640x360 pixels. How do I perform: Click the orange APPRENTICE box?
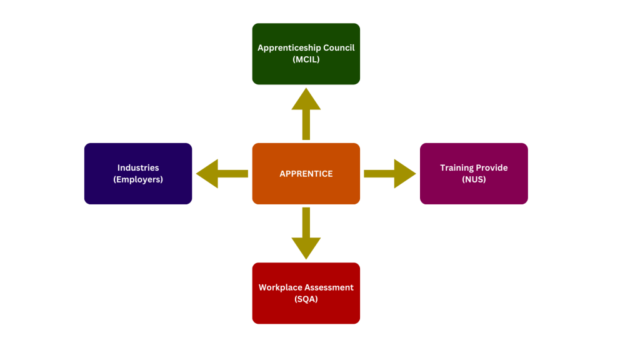(306, 174)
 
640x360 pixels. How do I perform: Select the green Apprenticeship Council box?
(306, 54)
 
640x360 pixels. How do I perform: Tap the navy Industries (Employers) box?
(138, 174)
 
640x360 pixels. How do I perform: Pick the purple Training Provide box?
(474, 174)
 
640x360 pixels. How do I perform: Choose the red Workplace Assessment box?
(306, 293)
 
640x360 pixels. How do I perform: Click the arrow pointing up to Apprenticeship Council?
(306, 114)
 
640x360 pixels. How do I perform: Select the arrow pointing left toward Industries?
(222, 174)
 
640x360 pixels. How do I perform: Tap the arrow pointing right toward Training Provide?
(390, 174)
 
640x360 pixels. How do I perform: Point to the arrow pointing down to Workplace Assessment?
(306, 234)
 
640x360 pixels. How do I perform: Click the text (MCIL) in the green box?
(306, 59)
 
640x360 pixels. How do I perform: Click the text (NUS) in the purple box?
(474, 179)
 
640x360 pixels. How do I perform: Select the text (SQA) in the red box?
(306, 299)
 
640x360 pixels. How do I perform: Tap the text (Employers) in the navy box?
(138, 179)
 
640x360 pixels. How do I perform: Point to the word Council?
(339, 47)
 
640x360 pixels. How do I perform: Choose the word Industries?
(138, 167)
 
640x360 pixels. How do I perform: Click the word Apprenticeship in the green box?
(289, 48)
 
